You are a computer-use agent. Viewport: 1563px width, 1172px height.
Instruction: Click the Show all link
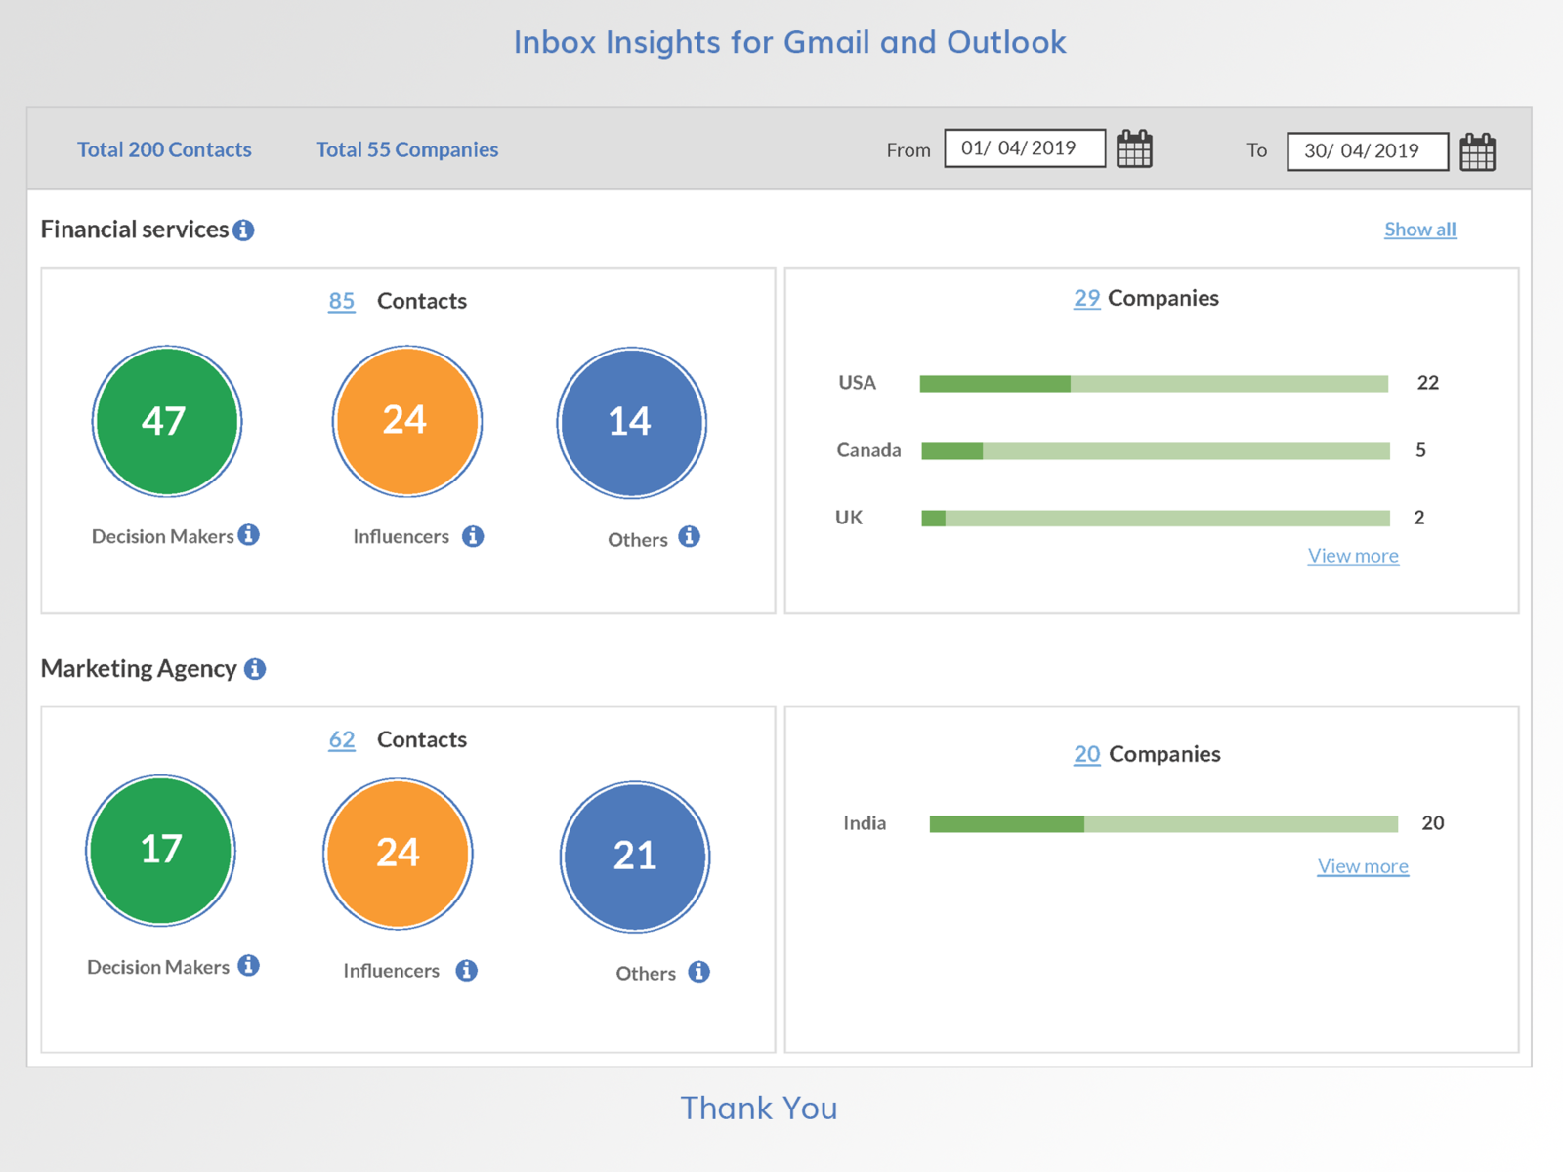(x=1419, y=230)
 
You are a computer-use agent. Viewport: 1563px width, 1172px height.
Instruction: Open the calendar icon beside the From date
(x=1134, y=149)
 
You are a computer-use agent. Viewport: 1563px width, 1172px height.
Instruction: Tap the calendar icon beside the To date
(x=1477, y=152)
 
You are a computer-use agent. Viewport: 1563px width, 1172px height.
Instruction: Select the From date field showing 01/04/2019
(x=1024, y=148)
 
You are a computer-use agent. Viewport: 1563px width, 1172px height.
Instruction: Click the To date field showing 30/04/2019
(x=1367, y=151)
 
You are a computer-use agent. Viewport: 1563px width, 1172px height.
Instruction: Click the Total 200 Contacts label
(x=164, y=149)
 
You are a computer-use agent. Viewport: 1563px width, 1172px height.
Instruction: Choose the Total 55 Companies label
(x=406, y=149)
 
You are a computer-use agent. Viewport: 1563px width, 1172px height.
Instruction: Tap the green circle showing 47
(x=166, y=422)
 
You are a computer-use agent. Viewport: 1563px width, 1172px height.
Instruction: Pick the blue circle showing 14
(x=631, y=423)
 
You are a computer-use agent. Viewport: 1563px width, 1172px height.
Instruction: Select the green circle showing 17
(x=161, y=851)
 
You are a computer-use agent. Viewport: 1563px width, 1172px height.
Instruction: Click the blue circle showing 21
(x=635, y=857)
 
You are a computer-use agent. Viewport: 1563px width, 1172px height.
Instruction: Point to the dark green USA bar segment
(x=994, y=384)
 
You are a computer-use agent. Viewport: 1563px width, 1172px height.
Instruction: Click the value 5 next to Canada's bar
(x=1420, y=450)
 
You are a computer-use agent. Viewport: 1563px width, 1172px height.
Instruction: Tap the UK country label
(x=848, y=518)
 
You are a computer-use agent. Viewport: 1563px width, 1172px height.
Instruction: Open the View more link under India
(x=1363, y=866)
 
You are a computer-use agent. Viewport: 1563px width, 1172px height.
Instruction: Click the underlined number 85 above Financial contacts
(x=341, y=301)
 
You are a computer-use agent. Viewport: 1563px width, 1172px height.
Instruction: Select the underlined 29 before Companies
(x=1086, y=298)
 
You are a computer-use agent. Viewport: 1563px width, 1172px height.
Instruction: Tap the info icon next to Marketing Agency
(x=255, y=669)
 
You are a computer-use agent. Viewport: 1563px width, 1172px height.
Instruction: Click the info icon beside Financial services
(x=243, y=230)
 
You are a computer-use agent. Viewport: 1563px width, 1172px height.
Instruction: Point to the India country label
(x=865, y=823)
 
